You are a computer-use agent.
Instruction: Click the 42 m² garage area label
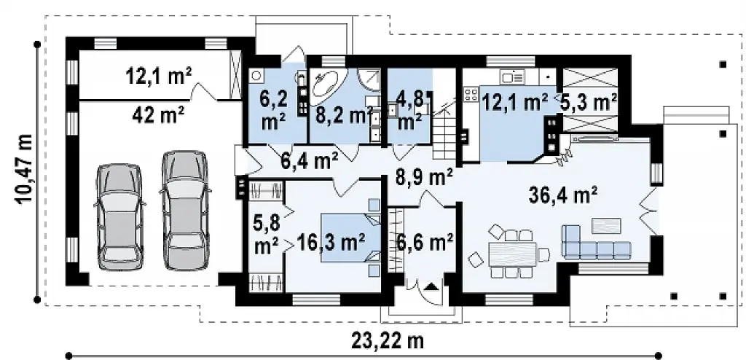click(x=153, y=114)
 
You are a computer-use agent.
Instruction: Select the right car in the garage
click(x=185, y=211)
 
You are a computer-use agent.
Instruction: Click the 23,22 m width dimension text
click(x=388, y=340)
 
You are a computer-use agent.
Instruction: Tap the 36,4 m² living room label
click(x=563, y=195)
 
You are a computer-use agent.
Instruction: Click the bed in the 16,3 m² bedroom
click(x=351, y=238)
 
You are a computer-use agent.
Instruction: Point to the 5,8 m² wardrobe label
click(x=267, y=235)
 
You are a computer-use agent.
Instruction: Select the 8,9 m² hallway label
click(x=424, y=178)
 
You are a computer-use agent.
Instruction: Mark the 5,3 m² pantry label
click(x=589, y=102)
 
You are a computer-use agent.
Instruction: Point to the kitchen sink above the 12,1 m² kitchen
click(x=512, y=76)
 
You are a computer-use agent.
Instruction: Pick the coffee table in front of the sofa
click(x=606, y=226)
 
